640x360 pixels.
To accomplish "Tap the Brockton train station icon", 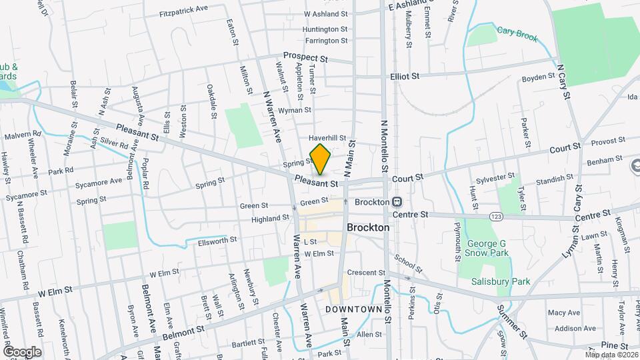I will click(397, 201).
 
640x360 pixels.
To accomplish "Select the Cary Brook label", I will click(517, 33).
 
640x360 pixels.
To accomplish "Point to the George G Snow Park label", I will click(487, 248).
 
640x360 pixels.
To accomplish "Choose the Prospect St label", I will click(305, 57).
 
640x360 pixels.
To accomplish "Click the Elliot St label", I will click(405, 76).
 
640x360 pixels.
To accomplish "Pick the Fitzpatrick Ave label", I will click(184, 13).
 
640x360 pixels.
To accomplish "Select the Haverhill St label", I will click(327, 138).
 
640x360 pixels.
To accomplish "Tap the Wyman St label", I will click(295, 109).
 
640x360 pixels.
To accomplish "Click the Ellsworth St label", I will click(217, 240).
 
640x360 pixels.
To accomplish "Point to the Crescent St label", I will click(365, 273).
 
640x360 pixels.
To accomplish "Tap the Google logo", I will click(22, 351).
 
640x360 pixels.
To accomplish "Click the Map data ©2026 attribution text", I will click(611, 355).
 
